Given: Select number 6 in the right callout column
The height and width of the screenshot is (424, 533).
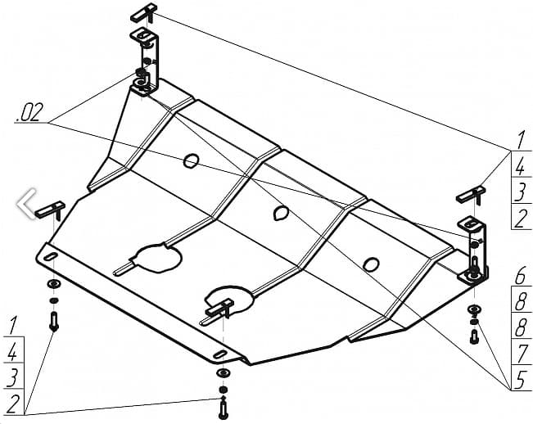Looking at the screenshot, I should [x=519, y=275].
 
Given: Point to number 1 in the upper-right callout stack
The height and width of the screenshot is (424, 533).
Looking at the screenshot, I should [x=519, y=140].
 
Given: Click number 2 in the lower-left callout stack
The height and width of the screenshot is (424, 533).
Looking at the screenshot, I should [x=11, y=401].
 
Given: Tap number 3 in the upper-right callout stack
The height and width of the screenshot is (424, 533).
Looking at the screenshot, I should [x=519, y=193].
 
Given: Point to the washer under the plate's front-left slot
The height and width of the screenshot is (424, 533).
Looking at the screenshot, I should [x=53, y=284].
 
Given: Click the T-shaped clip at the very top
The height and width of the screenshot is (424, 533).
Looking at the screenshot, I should [x=144, y=12].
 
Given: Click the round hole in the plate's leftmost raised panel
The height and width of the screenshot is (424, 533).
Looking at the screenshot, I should [x=191, y=160].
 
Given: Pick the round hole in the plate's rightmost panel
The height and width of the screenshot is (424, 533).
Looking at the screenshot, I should [x=371, y=264].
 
